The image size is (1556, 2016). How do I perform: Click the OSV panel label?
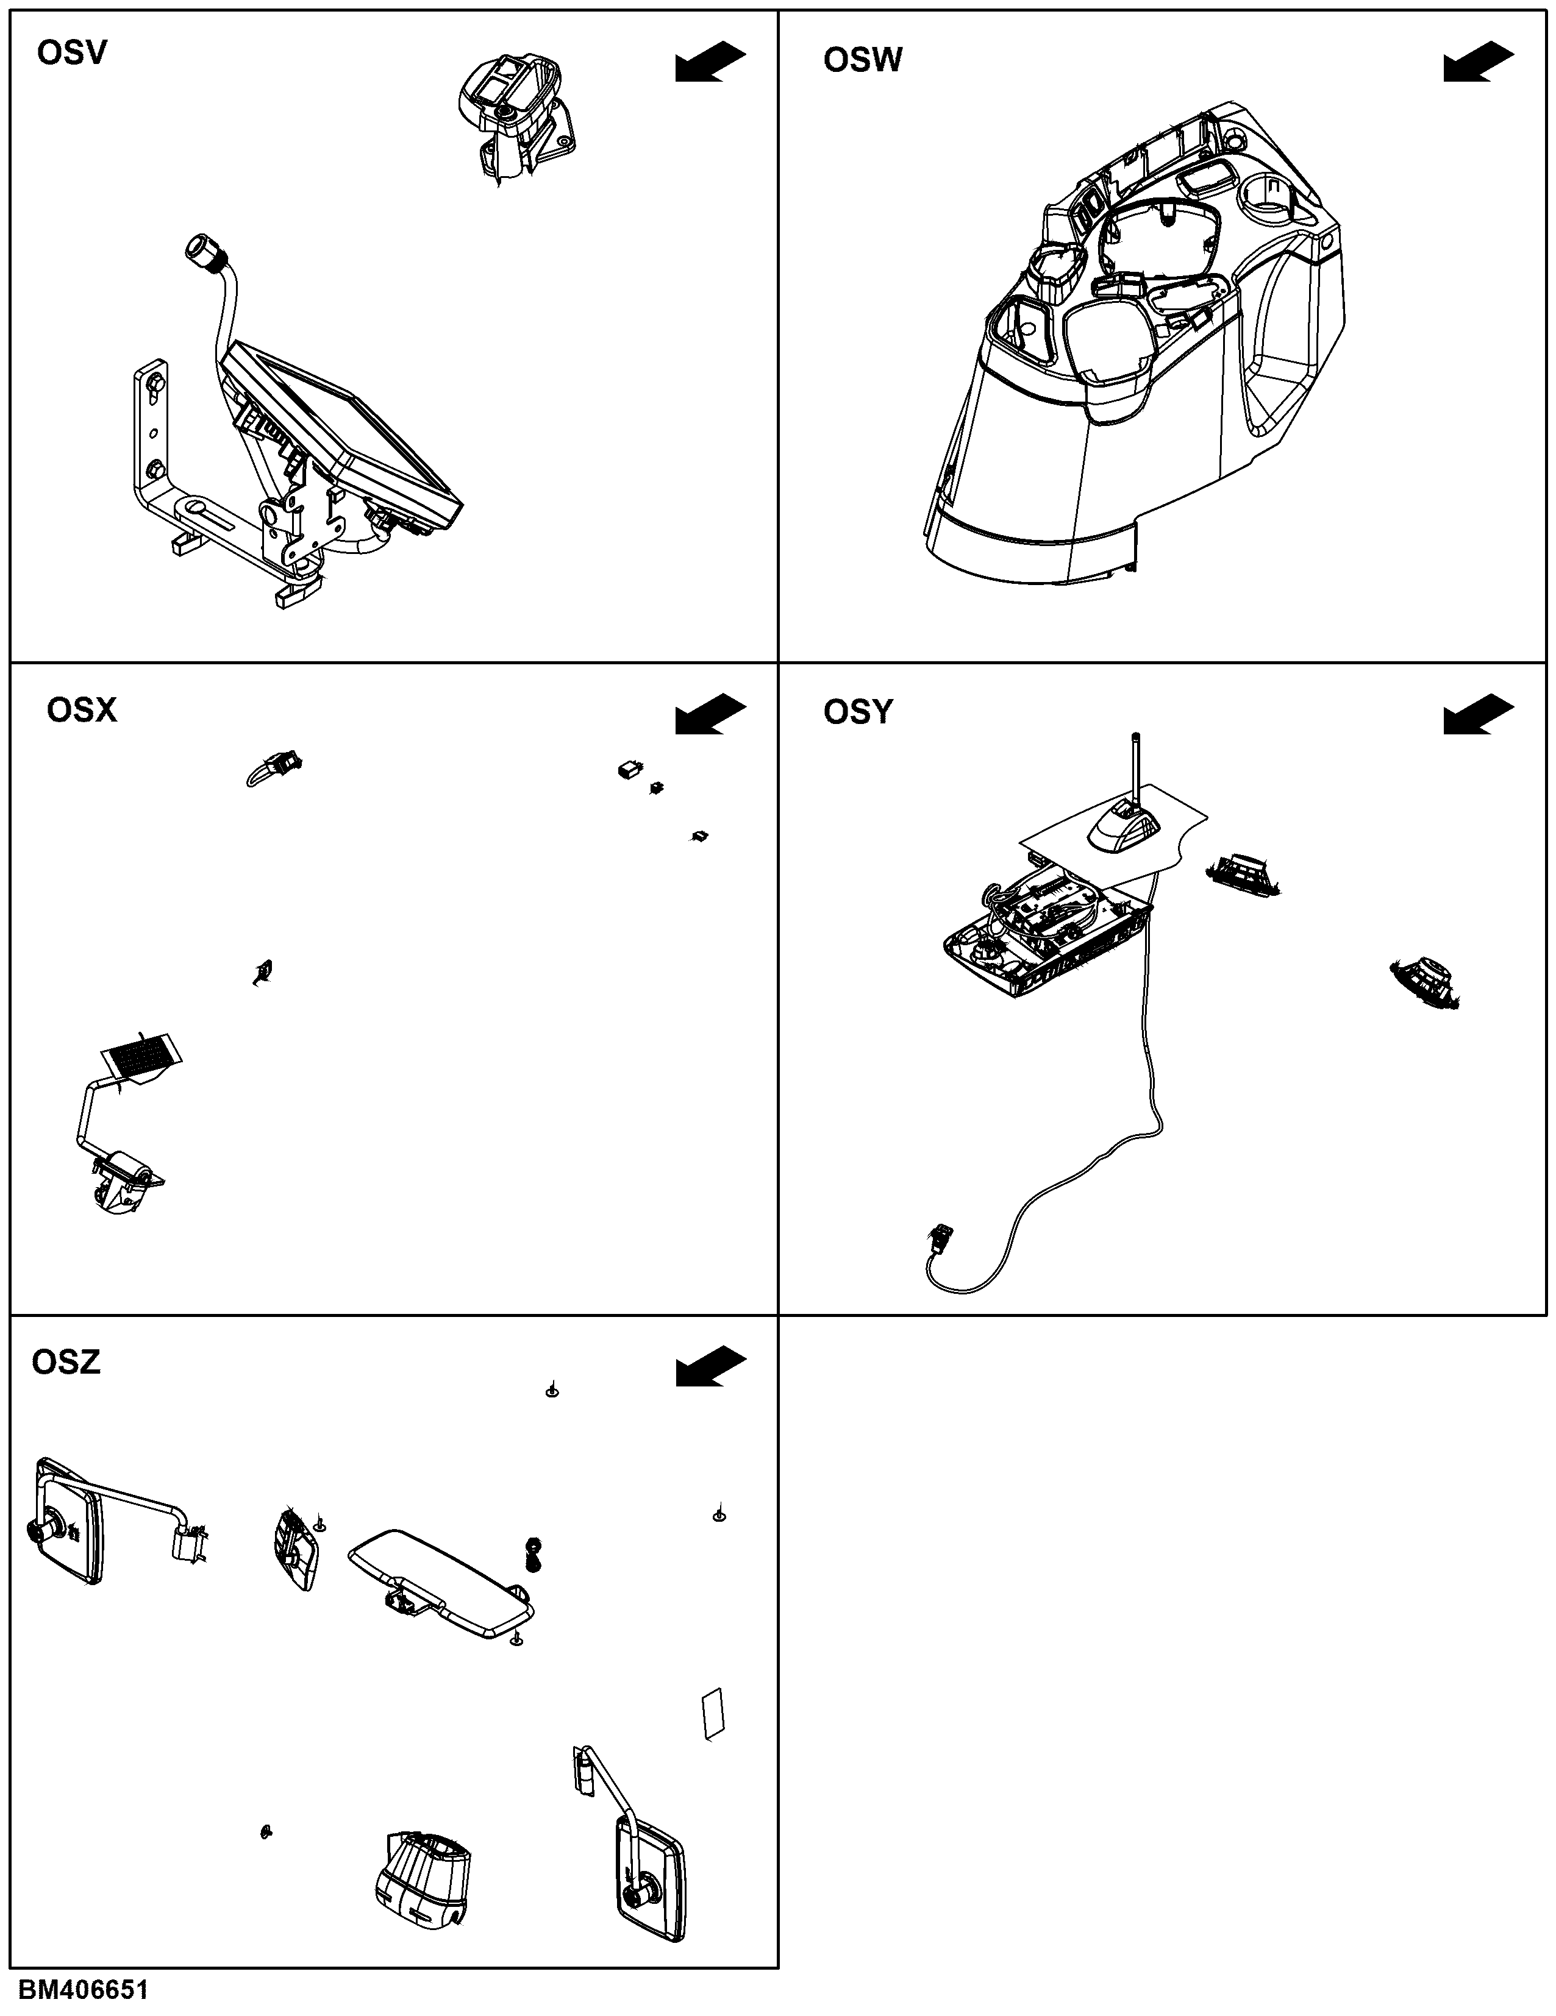point(72,52)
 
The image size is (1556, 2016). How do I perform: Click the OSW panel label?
point(863,60)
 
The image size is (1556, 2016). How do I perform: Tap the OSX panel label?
point(82,710)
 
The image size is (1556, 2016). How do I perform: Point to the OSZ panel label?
point(66,1363)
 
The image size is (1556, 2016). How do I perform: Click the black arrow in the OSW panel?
point(1479,62)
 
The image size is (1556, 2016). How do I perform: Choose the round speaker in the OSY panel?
point(1427,981)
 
